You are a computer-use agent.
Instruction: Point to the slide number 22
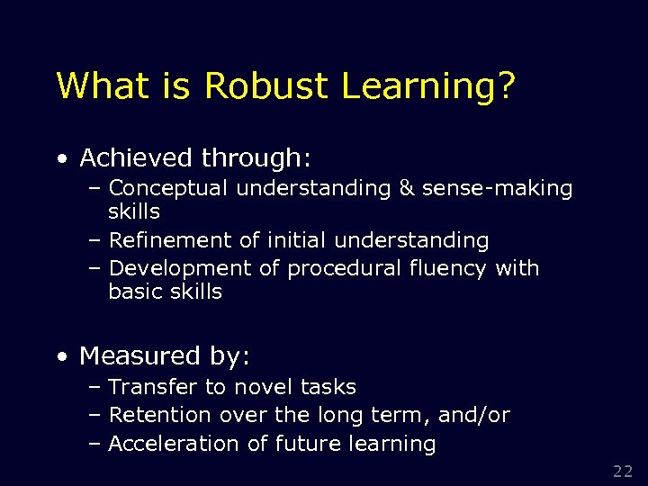623,471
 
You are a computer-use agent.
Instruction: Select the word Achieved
136,158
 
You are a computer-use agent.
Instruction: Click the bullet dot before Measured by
60,357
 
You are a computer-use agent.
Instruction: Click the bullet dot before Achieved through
60,159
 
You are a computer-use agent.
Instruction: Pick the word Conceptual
168,188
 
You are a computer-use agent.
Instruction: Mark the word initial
293,240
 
